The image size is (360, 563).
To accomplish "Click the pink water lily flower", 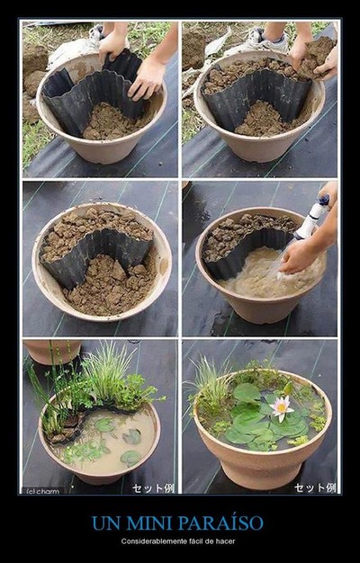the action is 282,408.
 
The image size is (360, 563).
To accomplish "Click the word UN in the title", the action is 104,523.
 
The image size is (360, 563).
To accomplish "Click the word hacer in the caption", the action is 226,541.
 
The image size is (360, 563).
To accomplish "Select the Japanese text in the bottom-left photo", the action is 153,488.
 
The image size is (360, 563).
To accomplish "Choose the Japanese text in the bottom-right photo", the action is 315,487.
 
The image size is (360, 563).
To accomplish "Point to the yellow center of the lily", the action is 282,408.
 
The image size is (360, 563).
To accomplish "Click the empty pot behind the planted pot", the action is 52,351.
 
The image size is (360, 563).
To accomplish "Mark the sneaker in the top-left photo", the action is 96,33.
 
